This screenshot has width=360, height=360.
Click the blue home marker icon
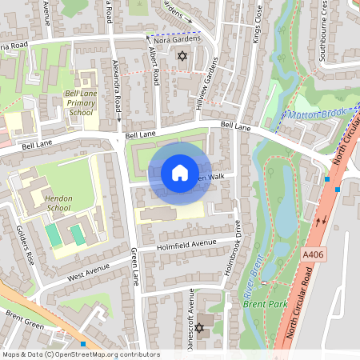[180, 173]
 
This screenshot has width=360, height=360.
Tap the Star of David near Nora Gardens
[182, 57]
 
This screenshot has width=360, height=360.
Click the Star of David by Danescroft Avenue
[199, 328]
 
